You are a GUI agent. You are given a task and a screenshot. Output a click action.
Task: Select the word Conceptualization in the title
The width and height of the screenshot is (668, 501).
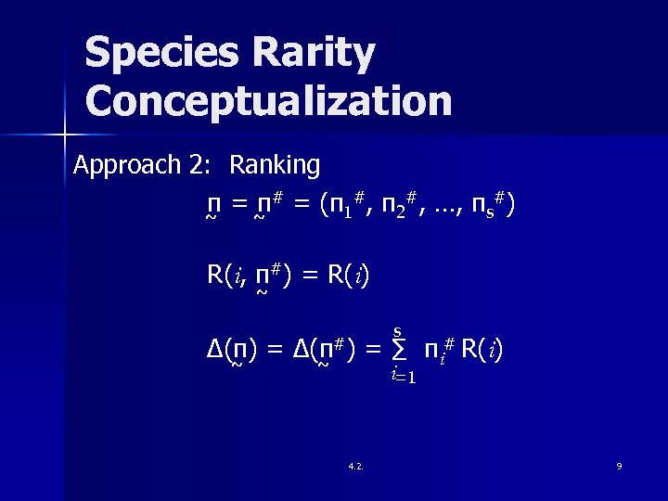click(268, 100)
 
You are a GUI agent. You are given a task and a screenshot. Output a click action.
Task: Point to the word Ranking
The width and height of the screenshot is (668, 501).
click(275, 166)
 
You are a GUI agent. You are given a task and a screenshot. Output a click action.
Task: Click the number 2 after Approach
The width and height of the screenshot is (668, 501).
click(196, 165)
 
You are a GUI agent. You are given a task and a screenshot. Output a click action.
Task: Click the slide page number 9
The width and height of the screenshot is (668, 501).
click(619, 466)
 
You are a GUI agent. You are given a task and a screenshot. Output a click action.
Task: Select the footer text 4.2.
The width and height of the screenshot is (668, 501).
click(355, 466)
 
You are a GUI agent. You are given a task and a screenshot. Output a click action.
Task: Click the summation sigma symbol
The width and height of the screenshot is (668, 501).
click(398, 351)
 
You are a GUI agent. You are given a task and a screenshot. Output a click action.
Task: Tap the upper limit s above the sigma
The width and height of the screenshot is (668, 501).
click(397, 331)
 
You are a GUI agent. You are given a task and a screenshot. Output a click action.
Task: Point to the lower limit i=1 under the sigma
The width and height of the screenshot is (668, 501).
click(403, 376)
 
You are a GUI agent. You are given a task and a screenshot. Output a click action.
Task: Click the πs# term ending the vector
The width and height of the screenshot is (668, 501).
click(486, 205)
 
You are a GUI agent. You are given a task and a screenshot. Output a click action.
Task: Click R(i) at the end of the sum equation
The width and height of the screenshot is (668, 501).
click(482, 350)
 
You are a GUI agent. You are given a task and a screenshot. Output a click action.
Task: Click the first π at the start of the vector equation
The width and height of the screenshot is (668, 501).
click(213, 205)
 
